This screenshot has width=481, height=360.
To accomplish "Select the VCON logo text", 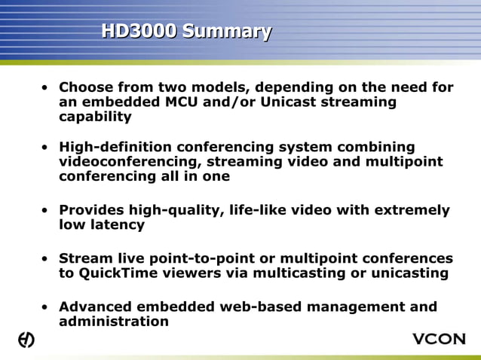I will click(439, 339).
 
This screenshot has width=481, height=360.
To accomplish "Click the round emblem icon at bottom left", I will click(26, 340).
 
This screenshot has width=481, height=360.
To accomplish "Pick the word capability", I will click(95, 117).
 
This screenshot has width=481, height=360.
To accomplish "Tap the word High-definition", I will click(115, 147).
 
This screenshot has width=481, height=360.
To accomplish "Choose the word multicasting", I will click(298, 273).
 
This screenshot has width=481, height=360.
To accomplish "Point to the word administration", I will click(113, 322).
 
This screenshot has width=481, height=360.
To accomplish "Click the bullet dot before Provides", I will click(46, 211).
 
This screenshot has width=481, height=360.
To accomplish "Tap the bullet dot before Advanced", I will click(46, 307).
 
